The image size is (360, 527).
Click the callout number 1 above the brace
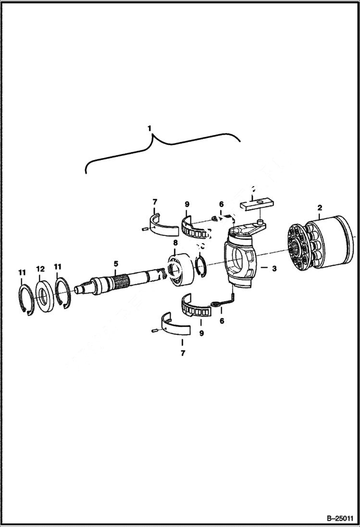(x=150, y=129)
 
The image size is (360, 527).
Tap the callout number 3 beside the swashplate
(x=274, y=269)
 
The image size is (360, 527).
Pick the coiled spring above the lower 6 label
(x=219, y=303)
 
